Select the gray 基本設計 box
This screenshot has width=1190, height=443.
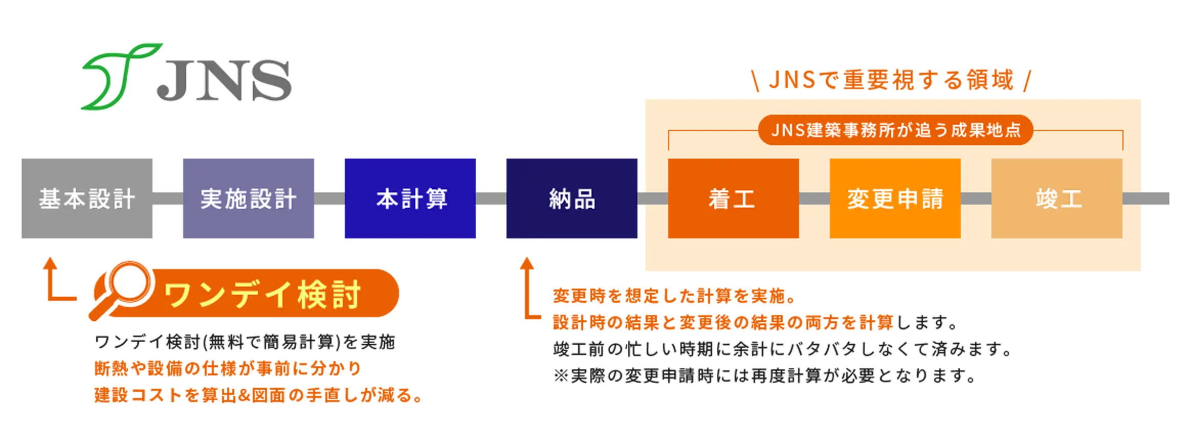(87, 198)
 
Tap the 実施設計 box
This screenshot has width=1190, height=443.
(249, 198)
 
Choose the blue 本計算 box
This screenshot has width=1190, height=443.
(410, 198)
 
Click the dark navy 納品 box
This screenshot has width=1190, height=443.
(572, 198)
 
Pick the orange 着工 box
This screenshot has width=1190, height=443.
(734, 198)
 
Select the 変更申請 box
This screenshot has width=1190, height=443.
(895, 198)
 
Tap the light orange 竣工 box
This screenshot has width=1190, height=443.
(1057, 198)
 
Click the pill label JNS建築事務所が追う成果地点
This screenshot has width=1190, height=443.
(895, 130)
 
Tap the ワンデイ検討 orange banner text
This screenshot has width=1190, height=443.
(262, 295)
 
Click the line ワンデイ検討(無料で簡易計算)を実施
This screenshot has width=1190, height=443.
(245, 342)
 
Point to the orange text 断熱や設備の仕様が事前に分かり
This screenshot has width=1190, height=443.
(228, 368)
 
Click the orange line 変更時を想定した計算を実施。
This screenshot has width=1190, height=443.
(674, 296)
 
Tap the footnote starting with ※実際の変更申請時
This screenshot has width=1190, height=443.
(765, 376)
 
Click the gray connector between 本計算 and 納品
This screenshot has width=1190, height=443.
(491, 198)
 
